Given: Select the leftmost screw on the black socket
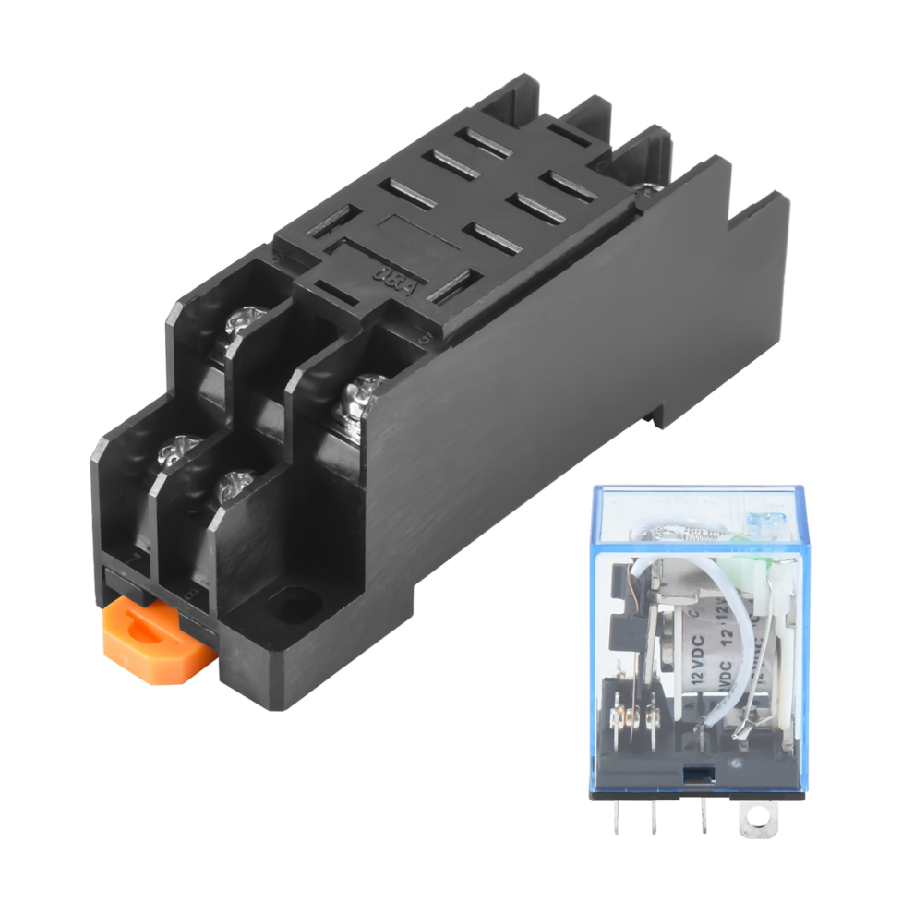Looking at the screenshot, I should [174, 452].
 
